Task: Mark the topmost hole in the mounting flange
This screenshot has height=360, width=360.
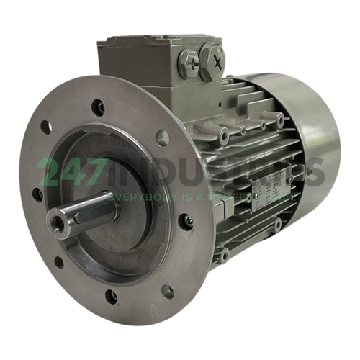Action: click(x=99, y=108)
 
